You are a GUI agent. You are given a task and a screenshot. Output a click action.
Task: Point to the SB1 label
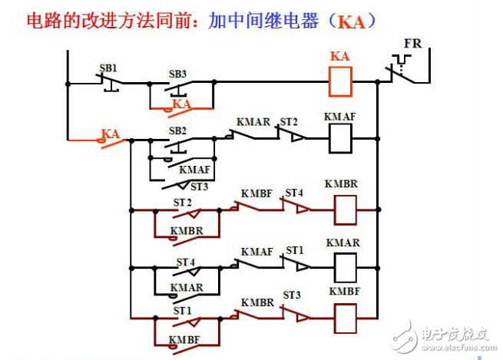coord(108,68)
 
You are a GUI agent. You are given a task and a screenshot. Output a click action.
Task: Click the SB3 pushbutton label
coord(177,74)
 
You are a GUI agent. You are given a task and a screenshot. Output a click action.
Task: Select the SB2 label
coord(177,130)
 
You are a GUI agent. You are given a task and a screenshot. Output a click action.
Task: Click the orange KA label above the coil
coord(339,57)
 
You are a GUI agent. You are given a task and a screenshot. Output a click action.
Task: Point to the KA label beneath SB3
coord(181,103)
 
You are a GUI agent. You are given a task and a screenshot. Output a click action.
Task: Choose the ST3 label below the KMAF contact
coord(199,187)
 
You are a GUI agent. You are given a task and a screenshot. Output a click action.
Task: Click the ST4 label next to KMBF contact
coord(294,192)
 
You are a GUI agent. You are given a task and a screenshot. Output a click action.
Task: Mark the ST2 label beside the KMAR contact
coord(288,122)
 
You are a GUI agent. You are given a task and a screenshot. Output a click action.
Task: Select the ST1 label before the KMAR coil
coord(295,250)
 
